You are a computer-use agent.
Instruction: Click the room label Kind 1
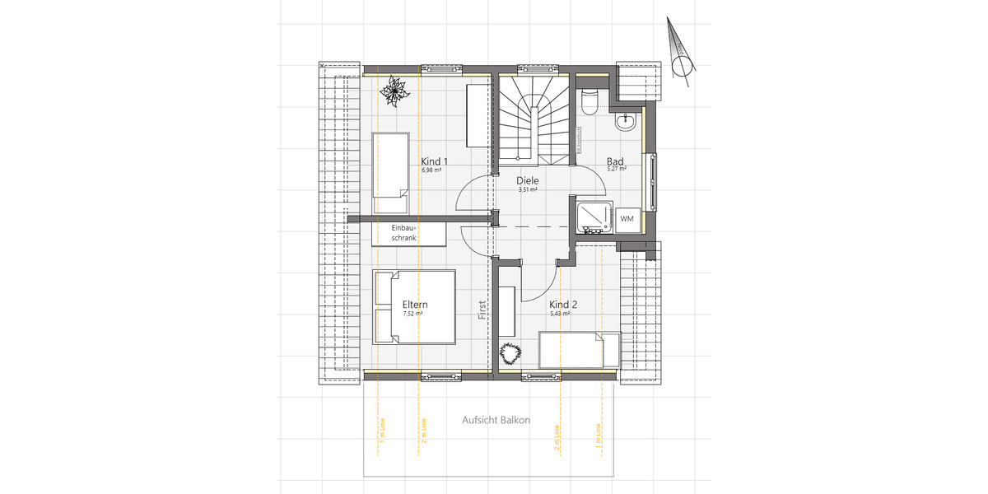pyautogui.click(x=434, y=161)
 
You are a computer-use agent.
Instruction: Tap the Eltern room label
pyautogui.click(x=415, y=304)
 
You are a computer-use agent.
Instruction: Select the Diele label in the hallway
pyautogui.click(x=527, y=180)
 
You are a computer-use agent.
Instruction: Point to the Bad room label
pyautogui.click(x=615, y=161)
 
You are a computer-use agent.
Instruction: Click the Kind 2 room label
pyautogui.click(x=563, y=305)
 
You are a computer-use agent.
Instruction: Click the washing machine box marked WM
pyautogui.click(x=627, y=219)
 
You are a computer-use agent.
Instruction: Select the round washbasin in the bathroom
pyautogui.click(x=626, y=122)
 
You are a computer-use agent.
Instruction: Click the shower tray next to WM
pyautogui.click(x=592, y=217)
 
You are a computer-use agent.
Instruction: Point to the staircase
pyautogui.click(x=535, y=119)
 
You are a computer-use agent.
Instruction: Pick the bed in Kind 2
pyautogui.click(x=579, y=352)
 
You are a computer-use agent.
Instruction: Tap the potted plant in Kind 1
pyautogui.click(x=394, y=91)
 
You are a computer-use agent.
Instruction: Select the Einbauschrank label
pyautogui.click(x=404, y=232)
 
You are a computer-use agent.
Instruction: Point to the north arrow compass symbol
pyautogui.click(x=680, y=58)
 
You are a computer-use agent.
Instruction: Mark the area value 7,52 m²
pyautogui.click(x=412, y=314)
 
